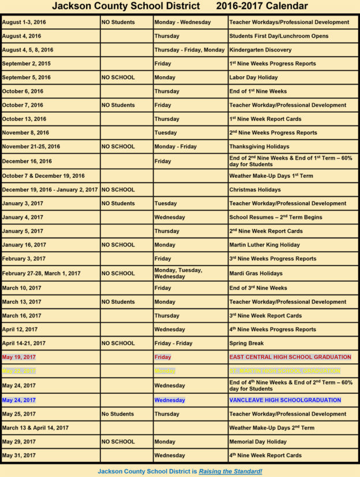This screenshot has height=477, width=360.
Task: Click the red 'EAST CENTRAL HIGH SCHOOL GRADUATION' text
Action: pyautogui.click(x=290, y=357)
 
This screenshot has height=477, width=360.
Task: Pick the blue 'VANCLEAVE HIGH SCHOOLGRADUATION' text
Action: pyautogui.click(x=285, y=400)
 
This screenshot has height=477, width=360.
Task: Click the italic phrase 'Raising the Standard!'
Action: pyautogui.click(x=230, y=471)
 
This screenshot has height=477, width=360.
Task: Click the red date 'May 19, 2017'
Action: pyautogui.click(x=18, y=357)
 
